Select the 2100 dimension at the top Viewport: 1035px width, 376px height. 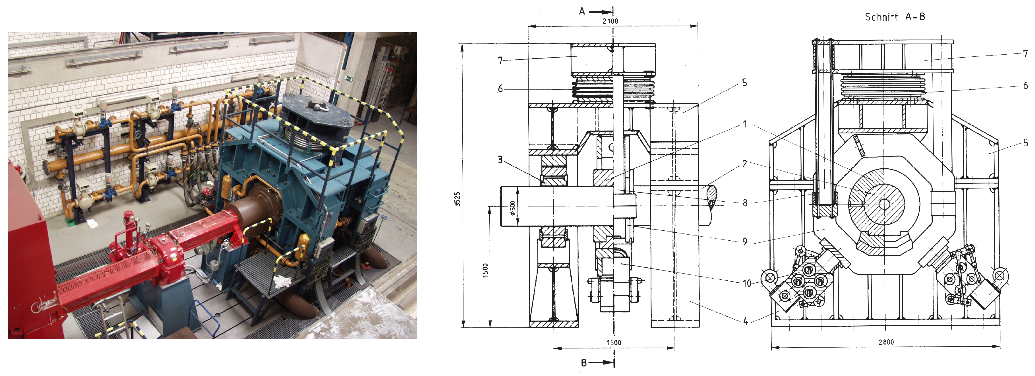(610, 21)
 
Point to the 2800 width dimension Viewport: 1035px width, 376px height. (886, 342)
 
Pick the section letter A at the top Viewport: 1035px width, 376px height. (582, 11)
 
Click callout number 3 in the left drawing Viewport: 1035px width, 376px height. (500, 160)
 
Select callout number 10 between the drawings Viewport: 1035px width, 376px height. (747, 284)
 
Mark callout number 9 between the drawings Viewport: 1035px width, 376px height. (744, 242)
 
